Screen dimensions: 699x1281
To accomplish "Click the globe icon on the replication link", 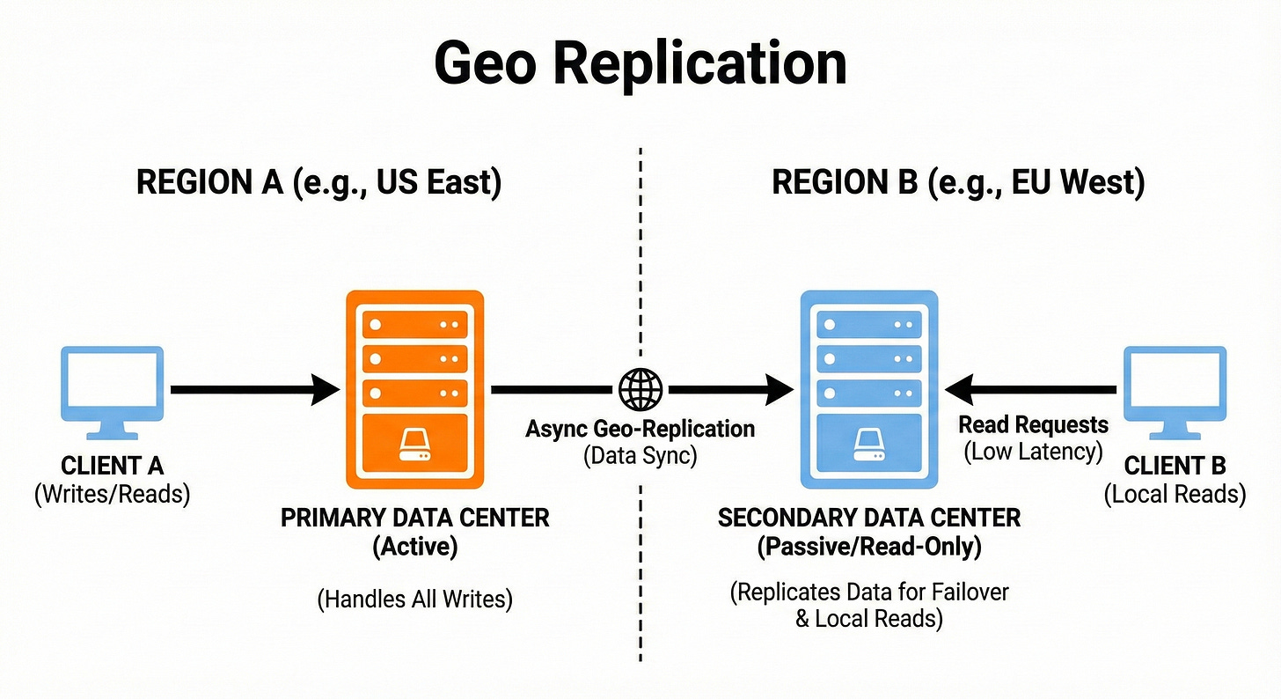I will pos(640,388).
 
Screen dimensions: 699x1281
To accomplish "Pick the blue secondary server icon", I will pos(867,387).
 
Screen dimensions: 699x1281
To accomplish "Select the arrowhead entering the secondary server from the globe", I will pos(780,388).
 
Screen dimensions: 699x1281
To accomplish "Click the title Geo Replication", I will pos(640,63).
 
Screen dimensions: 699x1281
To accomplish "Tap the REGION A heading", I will pos(318,183).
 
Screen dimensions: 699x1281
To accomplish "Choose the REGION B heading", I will pos(958,183).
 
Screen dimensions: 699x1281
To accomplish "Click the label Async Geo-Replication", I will pos(640,429).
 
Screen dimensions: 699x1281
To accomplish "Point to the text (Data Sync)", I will pos(640,456).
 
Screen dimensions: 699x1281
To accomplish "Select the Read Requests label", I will pos(1033,425).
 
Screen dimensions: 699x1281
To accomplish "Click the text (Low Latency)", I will pos(1033,453).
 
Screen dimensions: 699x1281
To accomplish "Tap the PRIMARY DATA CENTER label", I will pos(414,518).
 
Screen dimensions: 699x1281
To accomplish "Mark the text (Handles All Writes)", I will pos(414,600).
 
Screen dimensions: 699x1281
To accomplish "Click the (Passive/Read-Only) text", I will pos(868,547).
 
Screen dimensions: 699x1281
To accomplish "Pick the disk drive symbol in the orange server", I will pos(414,444).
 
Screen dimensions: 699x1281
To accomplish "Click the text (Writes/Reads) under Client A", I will pos(112,494).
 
